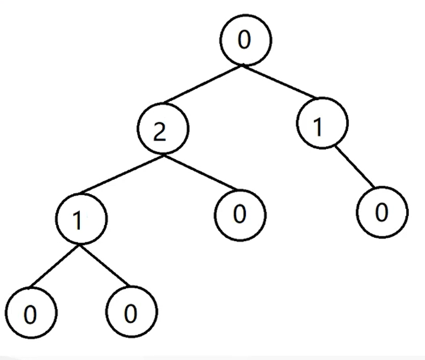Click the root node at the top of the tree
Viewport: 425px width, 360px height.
[245, 40]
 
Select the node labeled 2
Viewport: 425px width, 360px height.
[163, 128]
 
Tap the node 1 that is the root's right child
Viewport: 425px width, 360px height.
[322, 123]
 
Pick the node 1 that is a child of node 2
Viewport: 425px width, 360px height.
[82, 219]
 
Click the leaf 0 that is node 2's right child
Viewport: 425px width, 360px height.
[240, 215]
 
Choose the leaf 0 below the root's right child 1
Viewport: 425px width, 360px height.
[382, 212]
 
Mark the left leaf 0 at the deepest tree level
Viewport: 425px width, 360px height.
[31, 313]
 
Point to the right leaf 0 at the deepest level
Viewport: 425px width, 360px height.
[132, 311]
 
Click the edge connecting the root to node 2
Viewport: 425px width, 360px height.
[204, 84]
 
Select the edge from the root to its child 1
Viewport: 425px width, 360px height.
[279, 81]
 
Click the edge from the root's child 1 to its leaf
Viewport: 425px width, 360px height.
[355, 167]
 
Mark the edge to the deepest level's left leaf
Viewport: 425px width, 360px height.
[55, 266]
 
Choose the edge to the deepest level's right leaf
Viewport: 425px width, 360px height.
[104, 265]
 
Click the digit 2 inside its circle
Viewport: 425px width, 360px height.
[159, 132]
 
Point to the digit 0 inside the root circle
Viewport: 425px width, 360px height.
[244, 39]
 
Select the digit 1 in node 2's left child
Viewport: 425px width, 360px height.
[78, 221]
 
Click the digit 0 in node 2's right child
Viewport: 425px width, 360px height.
[240, 214]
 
